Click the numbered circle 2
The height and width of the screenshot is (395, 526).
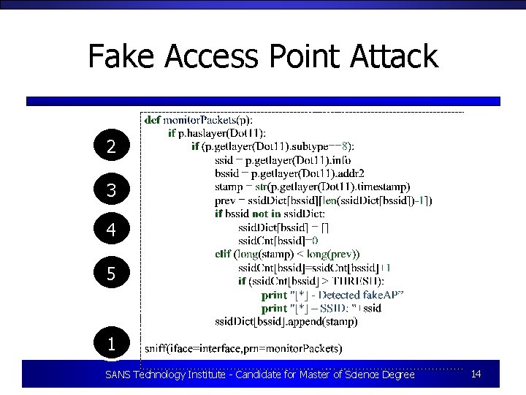111,147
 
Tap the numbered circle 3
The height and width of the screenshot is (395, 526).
111,190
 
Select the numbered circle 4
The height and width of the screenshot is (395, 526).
111,230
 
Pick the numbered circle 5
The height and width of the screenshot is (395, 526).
111,274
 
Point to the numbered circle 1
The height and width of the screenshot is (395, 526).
111,343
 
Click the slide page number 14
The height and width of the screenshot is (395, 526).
476,375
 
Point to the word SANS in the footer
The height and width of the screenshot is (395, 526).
119,375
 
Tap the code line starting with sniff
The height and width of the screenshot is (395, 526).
244,347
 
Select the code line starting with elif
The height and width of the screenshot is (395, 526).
287,255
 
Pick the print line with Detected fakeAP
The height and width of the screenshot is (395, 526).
332,295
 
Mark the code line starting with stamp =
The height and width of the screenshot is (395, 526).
313,187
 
